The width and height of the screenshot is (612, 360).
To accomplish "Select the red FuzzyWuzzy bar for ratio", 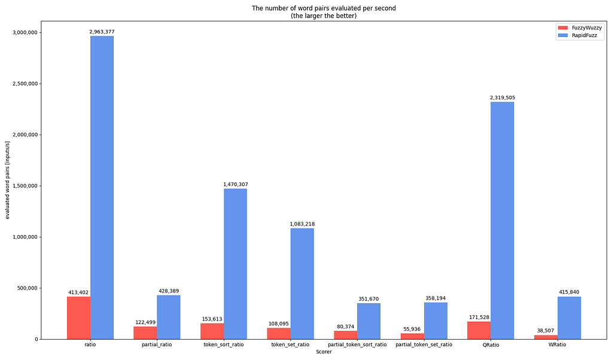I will [x=78, y=318].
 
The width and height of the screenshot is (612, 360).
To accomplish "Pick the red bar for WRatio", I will [x=546, y=337].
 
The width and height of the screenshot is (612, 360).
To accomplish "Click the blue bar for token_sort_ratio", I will [x=235, y=264].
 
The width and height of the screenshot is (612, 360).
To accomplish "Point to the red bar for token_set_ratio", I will [x=279, y=333].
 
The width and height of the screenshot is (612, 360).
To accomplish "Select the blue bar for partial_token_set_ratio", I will [x=436, y=321].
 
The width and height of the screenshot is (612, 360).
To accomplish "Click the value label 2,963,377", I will [x=102, y=31].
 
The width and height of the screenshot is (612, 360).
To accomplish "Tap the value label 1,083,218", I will [x=302, y=224].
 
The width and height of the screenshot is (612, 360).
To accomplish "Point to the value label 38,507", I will [x=546, y=330].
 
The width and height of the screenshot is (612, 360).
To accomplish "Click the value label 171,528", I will [x=479, y=317].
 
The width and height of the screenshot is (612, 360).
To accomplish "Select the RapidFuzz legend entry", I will [x=575, y=35].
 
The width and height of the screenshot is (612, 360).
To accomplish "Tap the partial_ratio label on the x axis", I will [x=157, y=344].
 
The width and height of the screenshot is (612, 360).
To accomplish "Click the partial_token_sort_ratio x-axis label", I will [x=357, y=344].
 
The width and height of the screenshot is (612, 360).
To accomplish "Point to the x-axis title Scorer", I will [x=324, y=352].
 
